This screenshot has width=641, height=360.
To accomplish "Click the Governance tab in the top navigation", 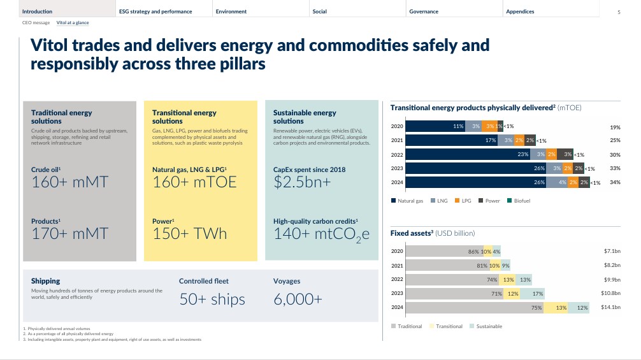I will pyautogui.click(x=424, y=11).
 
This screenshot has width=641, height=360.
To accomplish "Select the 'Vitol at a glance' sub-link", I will pyautogui.click(x=73, y=22).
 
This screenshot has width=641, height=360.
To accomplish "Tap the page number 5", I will pyautogui.click(x=619, y=12).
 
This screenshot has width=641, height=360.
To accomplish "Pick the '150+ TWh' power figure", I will pyautogui.click(x=189, y=233).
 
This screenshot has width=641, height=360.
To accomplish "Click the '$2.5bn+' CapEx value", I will pyautogui.click(x=302, y=182).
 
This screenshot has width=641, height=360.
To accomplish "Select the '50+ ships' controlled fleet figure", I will pyautogui.click(x=212, y=299).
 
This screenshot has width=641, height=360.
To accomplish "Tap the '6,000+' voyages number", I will pyautogui.click(x=298, y=299).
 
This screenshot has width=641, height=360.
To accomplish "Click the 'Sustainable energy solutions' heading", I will pyautogui.click(x=305, y=117).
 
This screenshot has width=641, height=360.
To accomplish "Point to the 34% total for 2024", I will pyautogui.click(x=615, y=182).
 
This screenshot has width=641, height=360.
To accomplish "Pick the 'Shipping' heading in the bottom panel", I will pyautogui.click(x=46, y=281).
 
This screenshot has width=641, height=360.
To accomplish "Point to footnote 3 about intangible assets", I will pyautogui.click(x=112, y=339).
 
